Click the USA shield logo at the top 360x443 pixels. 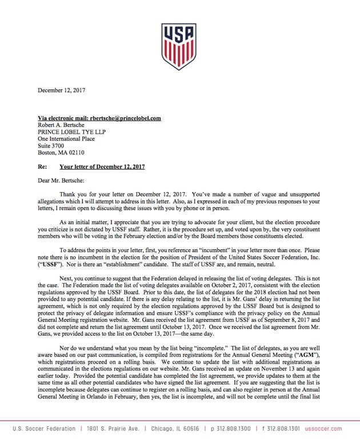[x=179, y=46]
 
